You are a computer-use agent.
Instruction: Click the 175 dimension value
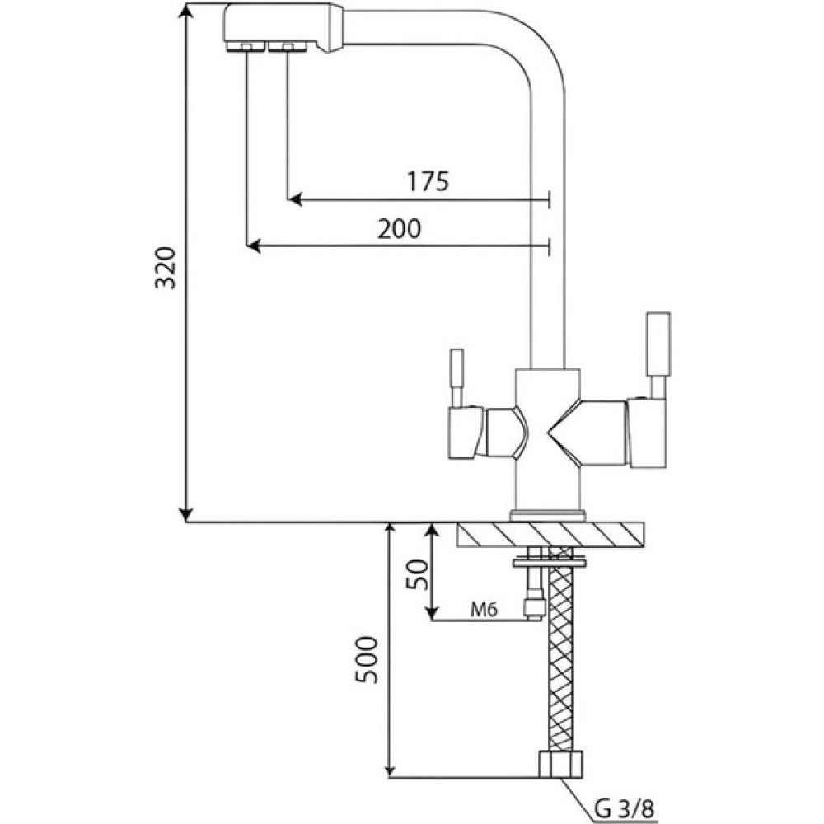tap(428, 180)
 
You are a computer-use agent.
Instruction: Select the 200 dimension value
tap(400, 228)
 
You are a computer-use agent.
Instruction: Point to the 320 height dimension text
tap(166, 267)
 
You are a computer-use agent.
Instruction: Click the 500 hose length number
tap(367, 660)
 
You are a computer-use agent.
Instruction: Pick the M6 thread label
tap(484, 610)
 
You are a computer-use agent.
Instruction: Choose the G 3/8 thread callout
tap(625, 809)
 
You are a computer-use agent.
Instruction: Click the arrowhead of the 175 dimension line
tap(295, 199)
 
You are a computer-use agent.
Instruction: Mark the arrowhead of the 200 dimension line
tap(253, 246)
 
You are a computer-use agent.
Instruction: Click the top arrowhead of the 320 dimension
tap(186, 12)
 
